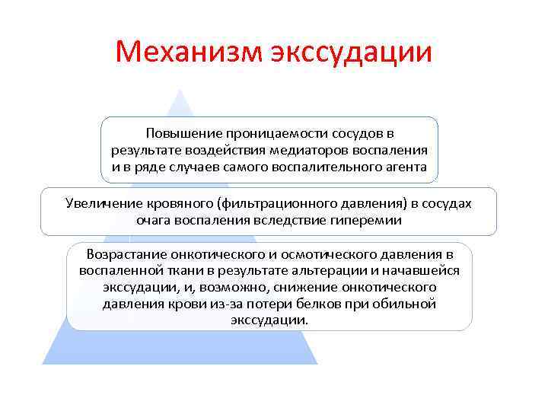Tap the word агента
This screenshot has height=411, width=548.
406,166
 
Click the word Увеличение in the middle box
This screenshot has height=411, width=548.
98,203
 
